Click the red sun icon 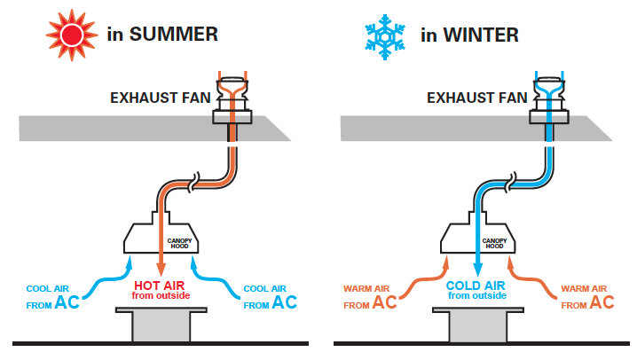point(72,35)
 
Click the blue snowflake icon point(385,37)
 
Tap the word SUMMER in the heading point(174,34)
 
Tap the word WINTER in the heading point(481,35)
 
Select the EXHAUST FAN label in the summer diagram point(161,98)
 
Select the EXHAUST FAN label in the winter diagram point(477,98)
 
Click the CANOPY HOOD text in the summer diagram point(179,244)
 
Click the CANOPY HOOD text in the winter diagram point(494,244)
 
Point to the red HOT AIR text point(160,286)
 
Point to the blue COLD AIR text point(476,286)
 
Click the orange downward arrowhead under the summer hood point(161,270)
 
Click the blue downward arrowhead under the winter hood point(477,270)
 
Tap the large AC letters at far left point(67,302)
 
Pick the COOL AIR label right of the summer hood point(265,288)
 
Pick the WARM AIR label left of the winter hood point(366,288)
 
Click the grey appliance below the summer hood point(161,324)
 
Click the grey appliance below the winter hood point(478,324)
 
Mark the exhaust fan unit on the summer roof point(232,101)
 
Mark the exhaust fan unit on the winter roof point(549,101)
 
